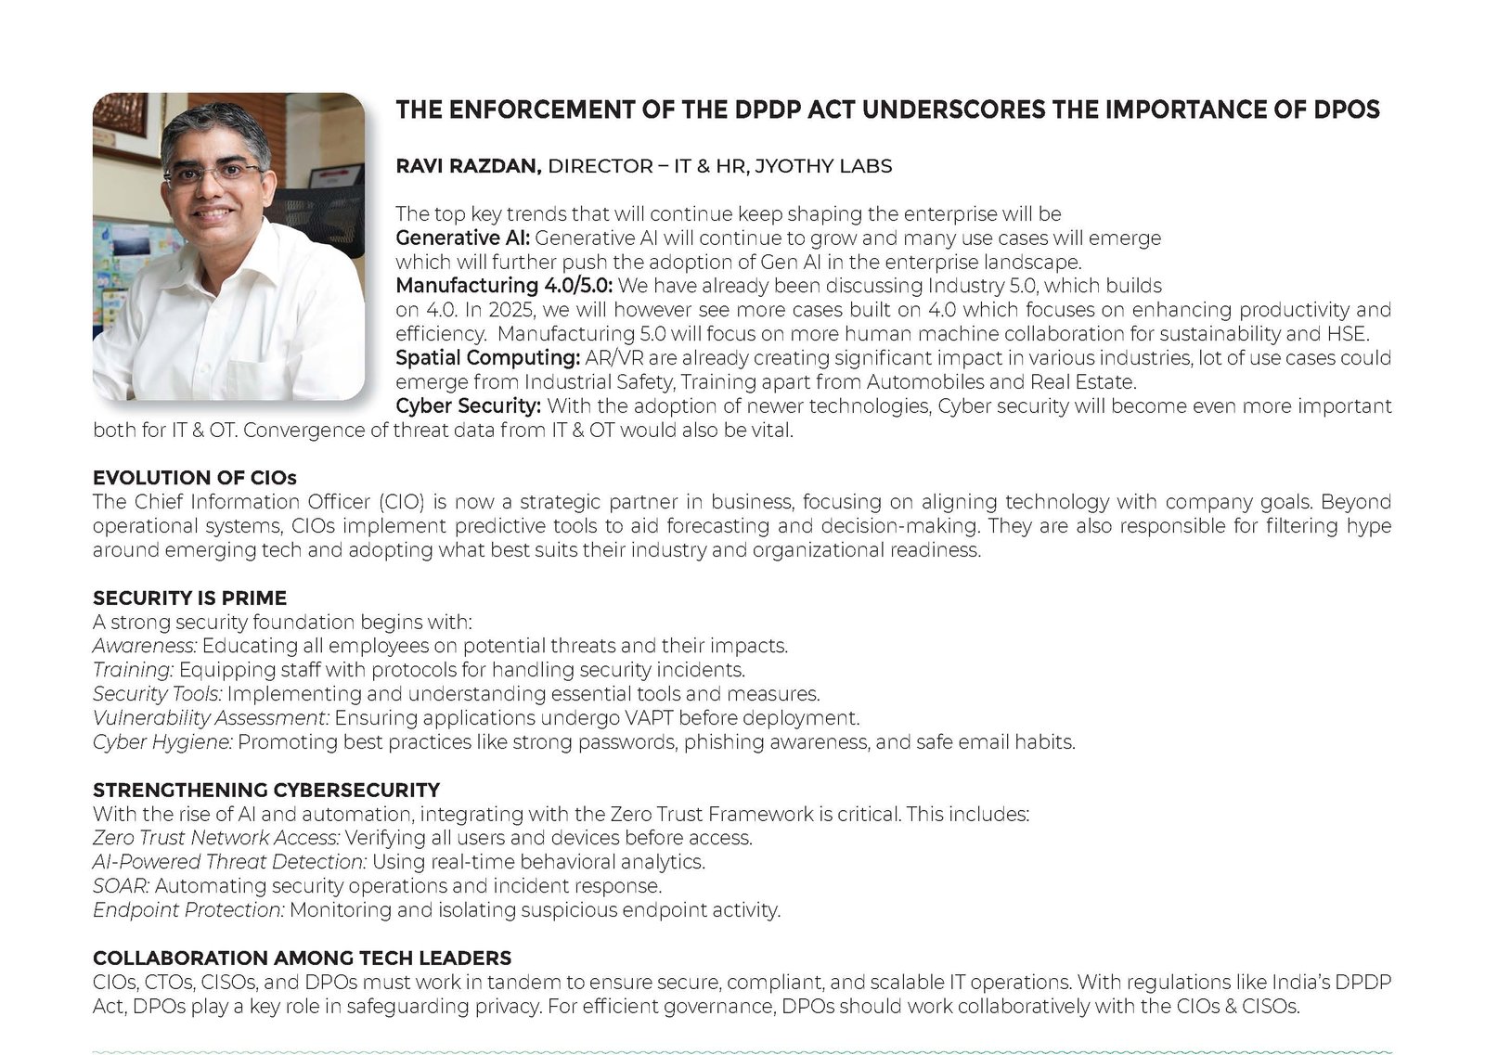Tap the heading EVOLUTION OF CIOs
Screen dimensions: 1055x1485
194,478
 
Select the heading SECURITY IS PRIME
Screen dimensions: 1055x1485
189,598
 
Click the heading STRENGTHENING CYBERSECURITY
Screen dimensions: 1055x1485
265,791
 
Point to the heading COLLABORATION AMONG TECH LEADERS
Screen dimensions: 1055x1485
302,958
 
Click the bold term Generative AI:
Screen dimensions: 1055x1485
462,238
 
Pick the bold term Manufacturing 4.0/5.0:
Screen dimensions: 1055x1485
504,286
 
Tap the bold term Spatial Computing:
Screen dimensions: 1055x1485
488,358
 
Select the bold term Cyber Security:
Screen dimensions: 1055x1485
468,406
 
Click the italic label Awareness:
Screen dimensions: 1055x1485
145,646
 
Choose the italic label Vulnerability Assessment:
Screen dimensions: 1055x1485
212,718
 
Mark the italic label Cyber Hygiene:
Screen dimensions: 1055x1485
162,742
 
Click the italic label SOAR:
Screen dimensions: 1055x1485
121,886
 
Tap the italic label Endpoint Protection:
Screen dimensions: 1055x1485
188,910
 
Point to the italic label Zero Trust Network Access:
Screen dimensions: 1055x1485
216,838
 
